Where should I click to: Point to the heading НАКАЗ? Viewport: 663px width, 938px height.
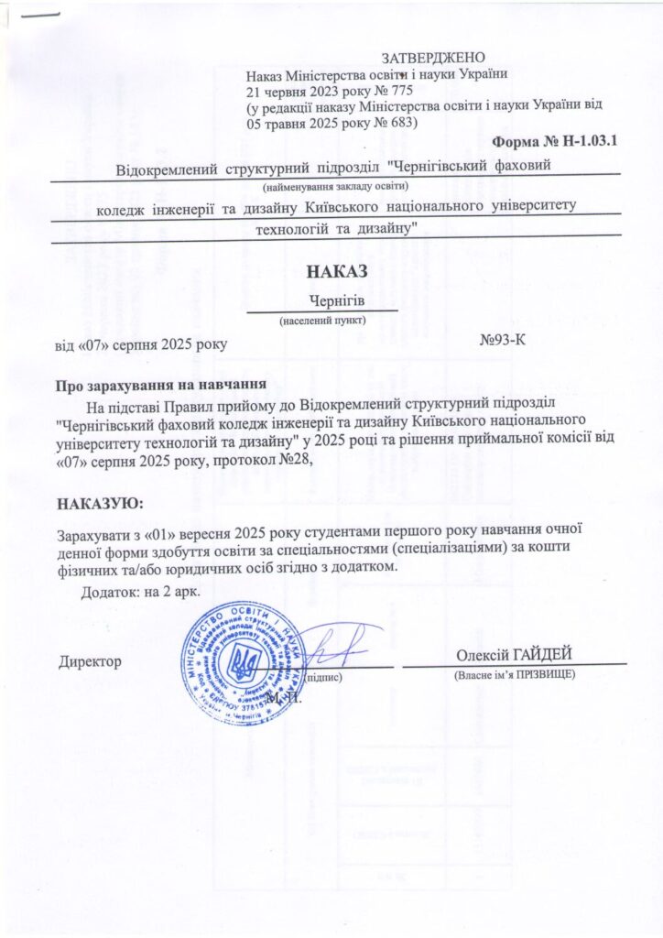point(336,271)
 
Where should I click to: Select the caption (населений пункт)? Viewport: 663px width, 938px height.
point(321,322)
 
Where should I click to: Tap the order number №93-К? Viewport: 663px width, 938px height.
point(501,342)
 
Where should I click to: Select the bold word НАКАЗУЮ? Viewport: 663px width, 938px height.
point(100,503)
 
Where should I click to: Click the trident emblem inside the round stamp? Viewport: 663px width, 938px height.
point(243,660)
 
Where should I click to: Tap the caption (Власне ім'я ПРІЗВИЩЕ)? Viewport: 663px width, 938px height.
point(514,674)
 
